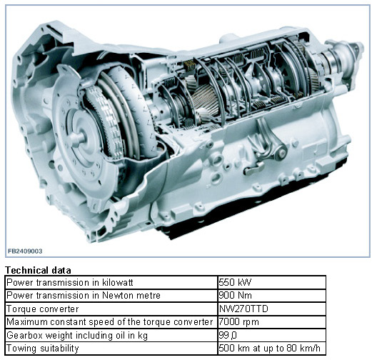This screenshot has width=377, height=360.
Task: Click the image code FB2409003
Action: [x=25, y=251]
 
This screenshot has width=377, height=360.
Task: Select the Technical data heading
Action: [x=38, y=270]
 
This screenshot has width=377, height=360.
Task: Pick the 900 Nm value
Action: [x=235, y=295]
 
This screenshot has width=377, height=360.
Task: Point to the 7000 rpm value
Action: [x=238, y=321]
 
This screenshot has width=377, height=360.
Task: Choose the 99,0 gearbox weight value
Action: [x=228, y=335]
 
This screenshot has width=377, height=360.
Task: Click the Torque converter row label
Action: [x=43, y=309]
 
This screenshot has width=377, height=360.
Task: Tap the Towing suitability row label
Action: [x=43, y=349]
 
